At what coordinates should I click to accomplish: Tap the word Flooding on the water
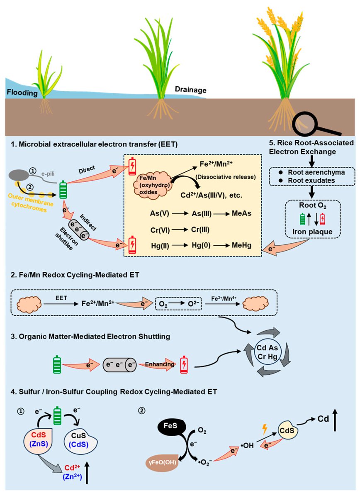click(x=22, y=93)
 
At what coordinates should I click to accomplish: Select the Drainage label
click(x=190, y=90)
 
